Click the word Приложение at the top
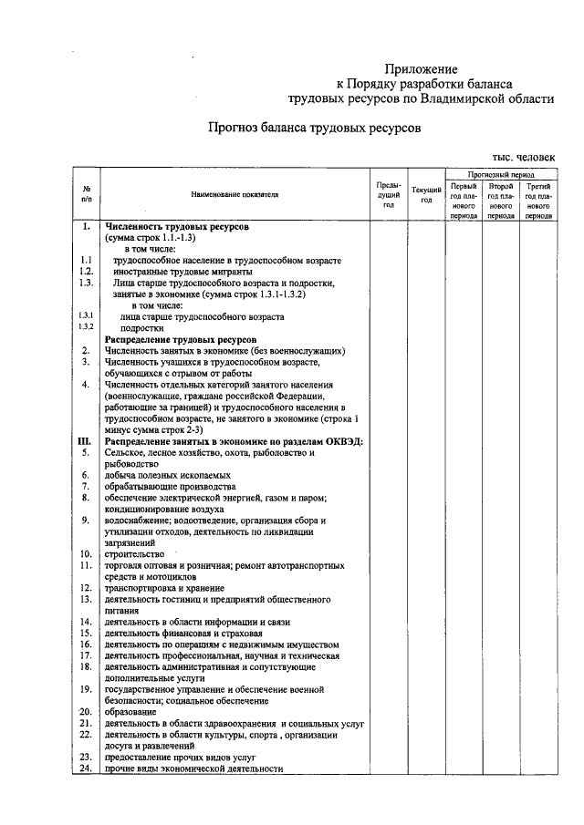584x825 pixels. coord(421,68)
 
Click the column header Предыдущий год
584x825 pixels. coord(388,195)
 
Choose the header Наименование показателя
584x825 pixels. coord(235,194)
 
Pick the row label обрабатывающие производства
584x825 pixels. coord(163,487)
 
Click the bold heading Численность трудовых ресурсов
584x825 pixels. coord(177,225)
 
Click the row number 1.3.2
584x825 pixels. coord(86,327)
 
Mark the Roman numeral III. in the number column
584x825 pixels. coord(84,440)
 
